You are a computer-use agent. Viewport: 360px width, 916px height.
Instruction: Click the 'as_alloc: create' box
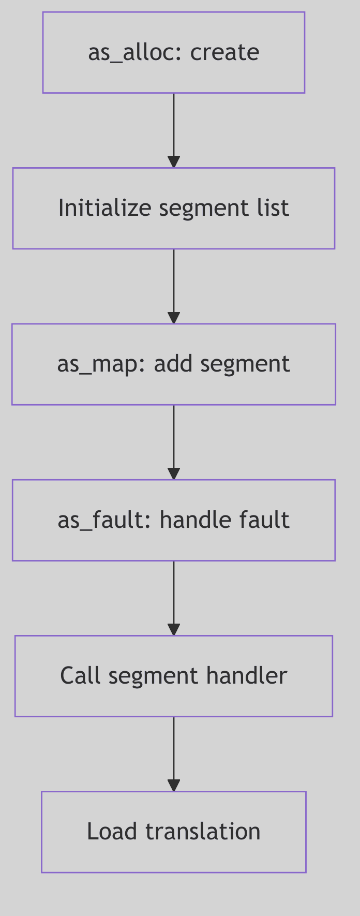click(x=173, y=53)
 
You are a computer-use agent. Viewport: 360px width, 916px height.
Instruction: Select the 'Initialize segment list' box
click(x=173, y=208)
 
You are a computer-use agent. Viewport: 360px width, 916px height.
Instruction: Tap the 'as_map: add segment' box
click(x=173, y=364)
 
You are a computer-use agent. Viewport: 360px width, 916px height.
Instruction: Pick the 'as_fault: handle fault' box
click(x=173, y=520)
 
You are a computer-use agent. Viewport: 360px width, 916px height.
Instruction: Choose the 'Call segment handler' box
click(x=173, y=676)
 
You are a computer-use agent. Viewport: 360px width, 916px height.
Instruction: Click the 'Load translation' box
click(x=173, y=832)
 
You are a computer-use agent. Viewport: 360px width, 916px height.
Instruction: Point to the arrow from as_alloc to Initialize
click(x=174, y=129)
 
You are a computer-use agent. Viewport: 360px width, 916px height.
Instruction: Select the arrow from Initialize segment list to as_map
click(x=174, y=286)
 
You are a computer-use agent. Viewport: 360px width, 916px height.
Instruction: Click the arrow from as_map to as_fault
click(x=174, y=441)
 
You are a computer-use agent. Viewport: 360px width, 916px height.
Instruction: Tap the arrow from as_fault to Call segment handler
click(x=174, y=598)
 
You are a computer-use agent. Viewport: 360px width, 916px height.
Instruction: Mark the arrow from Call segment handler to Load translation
click(x=174, y=754)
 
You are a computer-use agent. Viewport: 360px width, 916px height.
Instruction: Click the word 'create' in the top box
click(x=224, y=53)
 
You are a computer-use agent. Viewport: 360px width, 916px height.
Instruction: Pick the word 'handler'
click(x=246, y=676)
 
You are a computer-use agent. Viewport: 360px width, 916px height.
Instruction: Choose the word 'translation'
click(x=203, y=832)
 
